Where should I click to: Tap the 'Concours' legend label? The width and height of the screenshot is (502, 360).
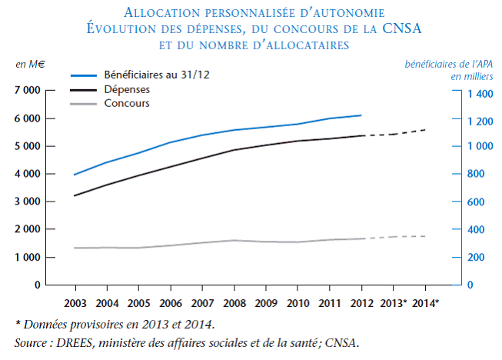coord(126,104)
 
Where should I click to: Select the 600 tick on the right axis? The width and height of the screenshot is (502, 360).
coord(473,202)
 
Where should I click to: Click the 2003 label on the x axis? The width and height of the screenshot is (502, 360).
coord(75,302)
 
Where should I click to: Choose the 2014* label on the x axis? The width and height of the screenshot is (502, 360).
coord(426,302)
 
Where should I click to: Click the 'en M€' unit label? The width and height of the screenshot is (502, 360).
coord(31,64)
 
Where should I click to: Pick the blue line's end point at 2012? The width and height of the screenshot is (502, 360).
coord(361,115)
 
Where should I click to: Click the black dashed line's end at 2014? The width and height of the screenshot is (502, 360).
coord(426,129)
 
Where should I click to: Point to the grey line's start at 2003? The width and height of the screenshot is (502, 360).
coord(75,248)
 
